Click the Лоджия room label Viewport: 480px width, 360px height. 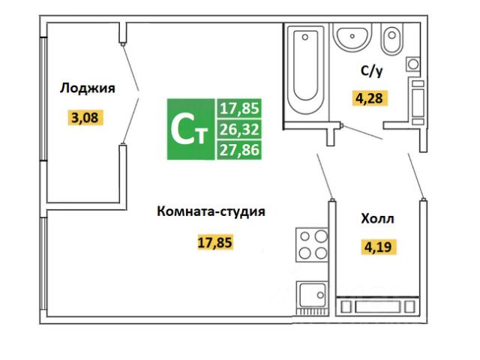(x=87, y=88)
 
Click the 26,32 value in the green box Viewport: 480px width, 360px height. (x=238, y=130)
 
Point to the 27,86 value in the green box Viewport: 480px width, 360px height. (x=238, y=149)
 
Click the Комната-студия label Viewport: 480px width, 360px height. (x=211, y=211)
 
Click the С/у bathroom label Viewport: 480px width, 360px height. (x=373, y=71)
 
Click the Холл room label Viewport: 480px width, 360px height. (x=377, y=219)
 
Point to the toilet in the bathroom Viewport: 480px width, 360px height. (x=391, y=39)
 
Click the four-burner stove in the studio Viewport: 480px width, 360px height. (x=312, y=244)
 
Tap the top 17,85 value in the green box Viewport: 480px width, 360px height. (x=238, y=109)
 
